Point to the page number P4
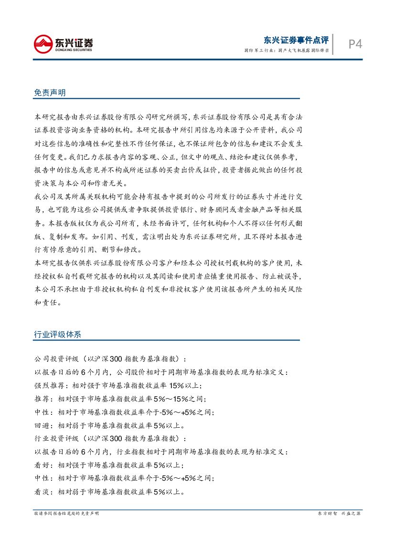355,44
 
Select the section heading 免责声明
50,93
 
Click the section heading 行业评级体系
57,334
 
